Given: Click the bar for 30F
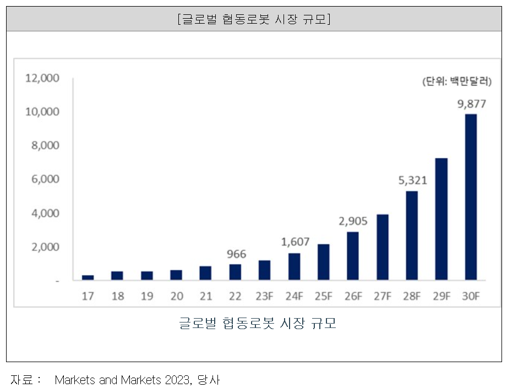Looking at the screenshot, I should point(471,197).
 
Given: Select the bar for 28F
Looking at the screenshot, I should point(411,236).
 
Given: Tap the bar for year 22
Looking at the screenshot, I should point(235,272).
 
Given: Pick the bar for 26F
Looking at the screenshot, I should point(353,256).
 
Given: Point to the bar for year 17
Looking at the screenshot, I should point(88,278).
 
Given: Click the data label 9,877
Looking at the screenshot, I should point(471,105).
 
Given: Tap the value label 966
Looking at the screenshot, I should point(236,254).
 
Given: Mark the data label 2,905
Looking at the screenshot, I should point(353,221).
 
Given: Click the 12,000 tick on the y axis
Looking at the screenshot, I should point(42,78).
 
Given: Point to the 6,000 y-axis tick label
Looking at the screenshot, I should point(44,179).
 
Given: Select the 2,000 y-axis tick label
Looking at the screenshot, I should point(44,247).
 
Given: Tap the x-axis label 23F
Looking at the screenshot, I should point(265,296).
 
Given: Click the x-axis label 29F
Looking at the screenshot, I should point(441,296).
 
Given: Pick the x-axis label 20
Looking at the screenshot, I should point(176,296).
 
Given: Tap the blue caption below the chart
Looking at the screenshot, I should point(257,323).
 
